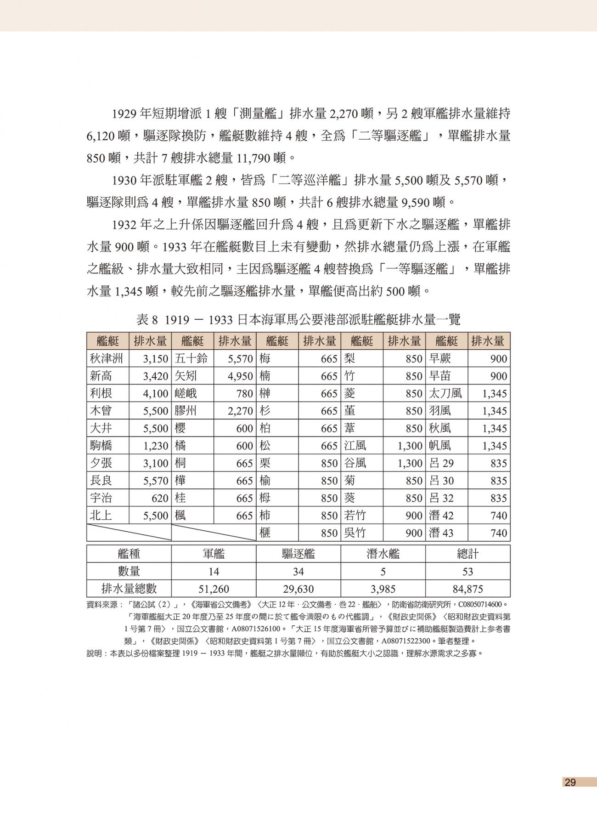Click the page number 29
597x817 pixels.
[570, 783]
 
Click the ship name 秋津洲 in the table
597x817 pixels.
[106, 359]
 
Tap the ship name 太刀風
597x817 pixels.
[445, 394]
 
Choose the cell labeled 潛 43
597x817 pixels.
[441, 533]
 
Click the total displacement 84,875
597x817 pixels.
[467, 589]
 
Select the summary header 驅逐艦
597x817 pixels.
[298, 554]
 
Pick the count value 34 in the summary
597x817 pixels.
[298, 572]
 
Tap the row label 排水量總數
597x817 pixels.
[129, 589]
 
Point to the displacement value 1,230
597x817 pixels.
[156, 446]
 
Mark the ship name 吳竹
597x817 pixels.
[355, 533]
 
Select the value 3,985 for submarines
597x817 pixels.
[383, 589]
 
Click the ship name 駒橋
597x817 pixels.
[101, 446]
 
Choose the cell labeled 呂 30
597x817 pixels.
[441, 481]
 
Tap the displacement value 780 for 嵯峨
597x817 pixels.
[244, 394]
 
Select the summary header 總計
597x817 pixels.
[467, 554]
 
